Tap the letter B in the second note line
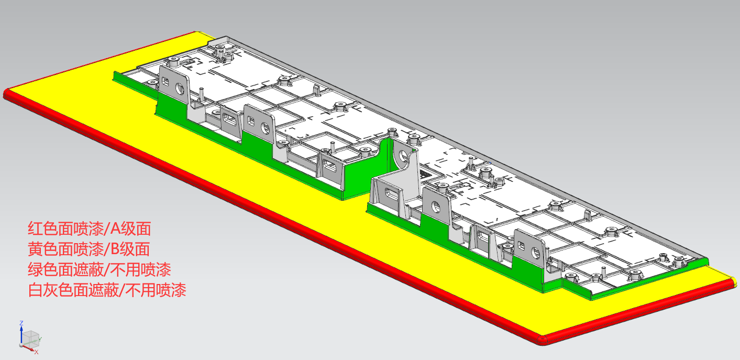click(x=115, y=249)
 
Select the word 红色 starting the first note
click(x=43, y=229)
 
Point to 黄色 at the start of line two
click(x=43, y=249)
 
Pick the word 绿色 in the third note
click(x=43, y=270)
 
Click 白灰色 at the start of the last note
click(x=51, y=290)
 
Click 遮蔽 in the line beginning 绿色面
click(x=89, y=270)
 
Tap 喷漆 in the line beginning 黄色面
click(x=89, y=249)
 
